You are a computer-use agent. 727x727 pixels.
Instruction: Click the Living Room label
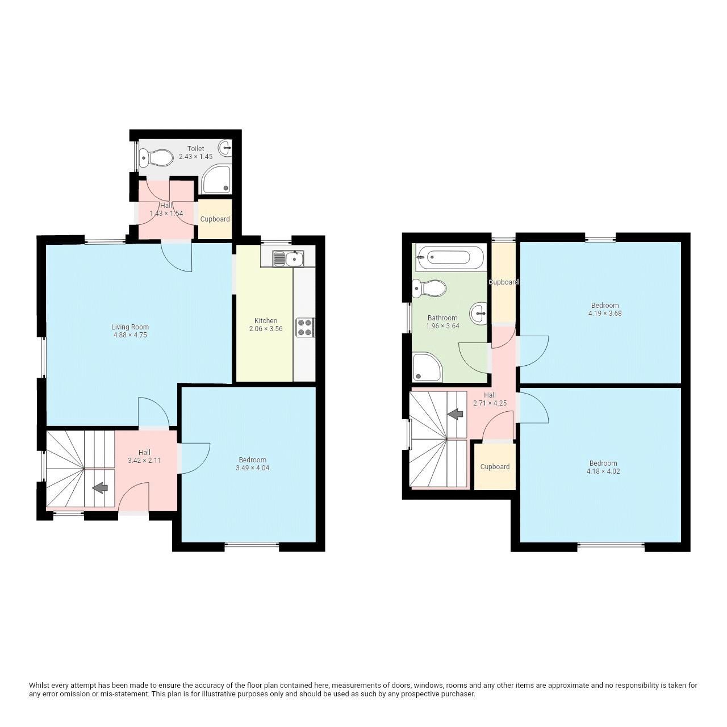point(130,327)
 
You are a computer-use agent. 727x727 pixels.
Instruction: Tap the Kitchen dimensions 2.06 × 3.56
point(266,329)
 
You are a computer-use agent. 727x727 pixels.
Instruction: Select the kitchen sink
point(288,259)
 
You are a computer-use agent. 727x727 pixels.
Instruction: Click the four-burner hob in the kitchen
point(305,328)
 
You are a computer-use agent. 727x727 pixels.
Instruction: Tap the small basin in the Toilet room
point(225,148)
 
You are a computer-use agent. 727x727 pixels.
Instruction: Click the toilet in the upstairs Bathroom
point(429,289)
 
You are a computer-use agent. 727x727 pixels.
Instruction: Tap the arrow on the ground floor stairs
point(101,487)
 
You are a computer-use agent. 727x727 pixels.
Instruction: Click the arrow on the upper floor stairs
point(455,414)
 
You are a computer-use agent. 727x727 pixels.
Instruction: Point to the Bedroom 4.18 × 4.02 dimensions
point(603,471)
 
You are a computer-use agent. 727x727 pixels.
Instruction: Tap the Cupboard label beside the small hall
point(215,219)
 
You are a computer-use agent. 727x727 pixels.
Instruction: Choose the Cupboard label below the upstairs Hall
point(495,467)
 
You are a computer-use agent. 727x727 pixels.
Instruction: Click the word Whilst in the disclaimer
point(39,686)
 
